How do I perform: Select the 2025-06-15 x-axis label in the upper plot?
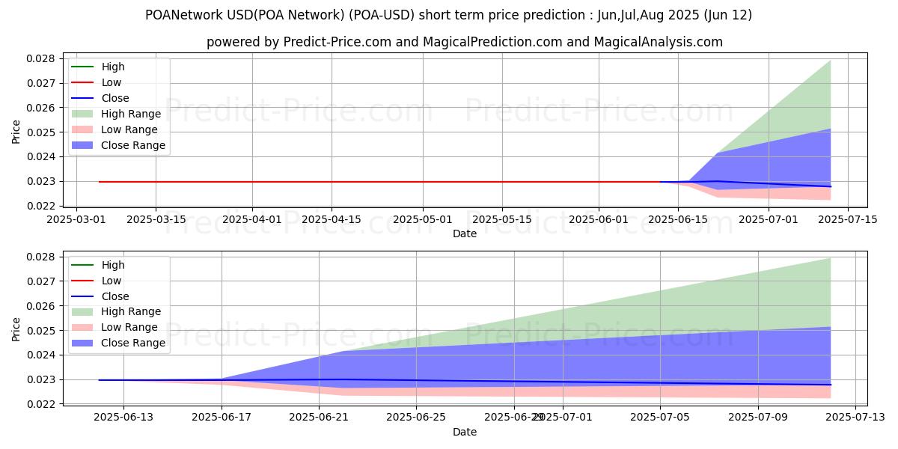click(x=678, y=220)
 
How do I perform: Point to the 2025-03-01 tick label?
click(x=76, y=220)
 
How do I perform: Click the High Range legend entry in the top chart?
click(x=131, y=114)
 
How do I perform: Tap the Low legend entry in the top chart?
click(x=112, y=82)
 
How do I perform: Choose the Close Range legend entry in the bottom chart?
click(x=133, y=343)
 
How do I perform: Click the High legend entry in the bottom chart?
click(x=113, y=265)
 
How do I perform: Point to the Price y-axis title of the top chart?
click(x=16, y=132)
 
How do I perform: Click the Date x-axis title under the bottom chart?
click(x=465, y=432)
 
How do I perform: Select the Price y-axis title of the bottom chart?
click(x=16, y=330)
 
